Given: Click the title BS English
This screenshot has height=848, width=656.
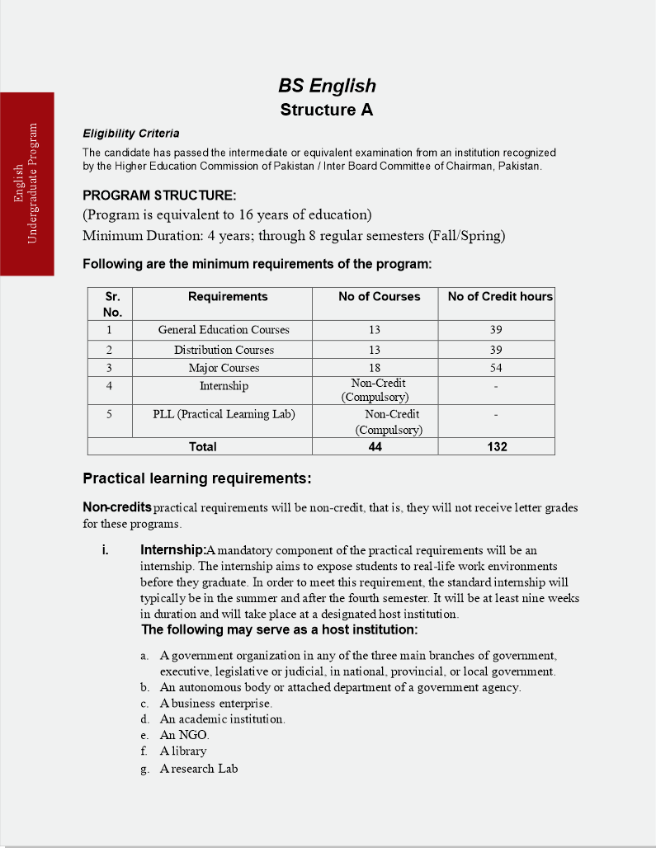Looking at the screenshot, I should tap(327, 86).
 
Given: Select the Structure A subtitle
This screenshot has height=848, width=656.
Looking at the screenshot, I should tap(327, 110).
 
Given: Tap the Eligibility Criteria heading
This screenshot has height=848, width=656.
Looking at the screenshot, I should tap(131, 134).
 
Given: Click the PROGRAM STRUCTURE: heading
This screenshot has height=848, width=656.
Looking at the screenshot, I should tap(159, 196).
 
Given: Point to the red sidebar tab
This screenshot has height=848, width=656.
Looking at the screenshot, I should tap(27, 183).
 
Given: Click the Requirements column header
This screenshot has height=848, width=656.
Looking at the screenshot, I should tap(228, 297).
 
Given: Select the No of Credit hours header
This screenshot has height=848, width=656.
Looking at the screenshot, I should tap(500, 297).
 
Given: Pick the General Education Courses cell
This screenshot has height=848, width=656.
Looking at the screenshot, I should tap(224, 330).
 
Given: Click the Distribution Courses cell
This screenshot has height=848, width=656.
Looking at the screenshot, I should tap(224, 350).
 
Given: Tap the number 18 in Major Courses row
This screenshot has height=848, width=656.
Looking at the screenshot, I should tap(375, 368).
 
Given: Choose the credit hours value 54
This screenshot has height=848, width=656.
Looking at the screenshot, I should tap(495, 368).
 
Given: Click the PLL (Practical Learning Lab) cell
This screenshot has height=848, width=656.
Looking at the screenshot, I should tap(224, 414).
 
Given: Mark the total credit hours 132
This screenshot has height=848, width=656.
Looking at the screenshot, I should tap(497, 446).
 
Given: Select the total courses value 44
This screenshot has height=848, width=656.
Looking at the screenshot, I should tap(375, 446).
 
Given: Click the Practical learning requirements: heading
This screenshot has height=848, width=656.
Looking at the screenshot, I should tap(196, 479).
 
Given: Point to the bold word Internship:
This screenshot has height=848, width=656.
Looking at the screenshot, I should tap(172, 550).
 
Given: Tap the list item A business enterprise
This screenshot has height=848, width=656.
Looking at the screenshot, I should tap(215, 704).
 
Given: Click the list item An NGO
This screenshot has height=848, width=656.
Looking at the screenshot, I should tap(185, 735).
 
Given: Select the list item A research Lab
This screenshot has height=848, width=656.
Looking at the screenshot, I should tap(199, 769).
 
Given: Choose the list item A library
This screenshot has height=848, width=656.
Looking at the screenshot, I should tap(183, 751).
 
